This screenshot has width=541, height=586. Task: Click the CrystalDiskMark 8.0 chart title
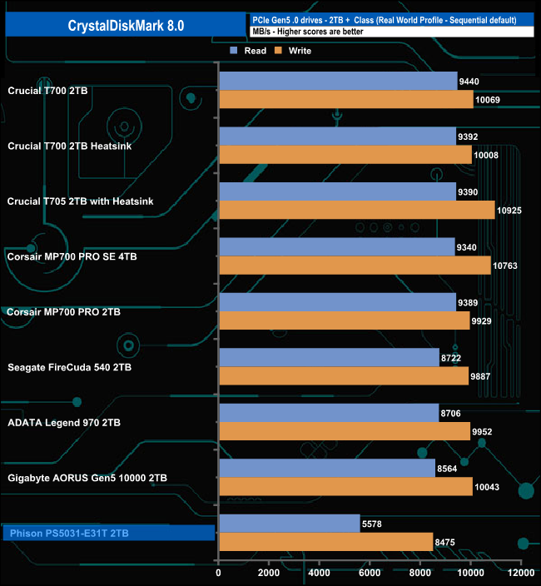coord(126,26)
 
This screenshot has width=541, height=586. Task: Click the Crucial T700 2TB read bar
coord(337,81)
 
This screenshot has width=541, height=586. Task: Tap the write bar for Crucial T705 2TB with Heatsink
coord(356,210)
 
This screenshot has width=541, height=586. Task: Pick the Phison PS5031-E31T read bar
coord(289,523)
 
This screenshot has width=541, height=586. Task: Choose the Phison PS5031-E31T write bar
coord(325,542)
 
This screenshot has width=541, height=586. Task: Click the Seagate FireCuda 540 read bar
coord(329,357)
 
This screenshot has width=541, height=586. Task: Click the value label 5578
coord(373,523)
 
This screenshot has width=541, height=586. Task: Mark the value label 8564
coord(448,468)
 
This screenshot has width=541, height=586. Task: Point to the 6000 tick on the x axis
coord(370,573)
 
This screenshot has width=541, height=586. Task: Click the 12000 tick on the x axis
coord(521,573)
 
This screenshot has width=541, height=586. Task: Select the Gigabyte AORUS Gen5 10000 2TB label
coord(87,478)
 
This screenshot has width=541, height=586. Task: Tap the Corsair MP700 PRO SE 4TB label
coord(72,256)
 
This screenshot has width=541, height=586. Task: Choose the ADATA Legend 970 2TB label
coord(63,423)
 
